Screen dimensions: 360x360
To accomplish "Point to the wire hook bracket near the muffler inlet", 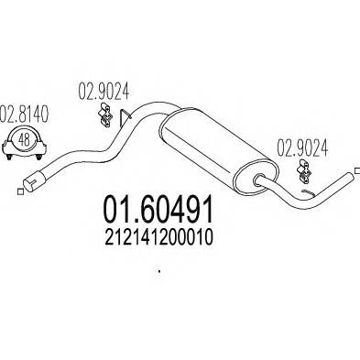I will pos(129,118).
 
